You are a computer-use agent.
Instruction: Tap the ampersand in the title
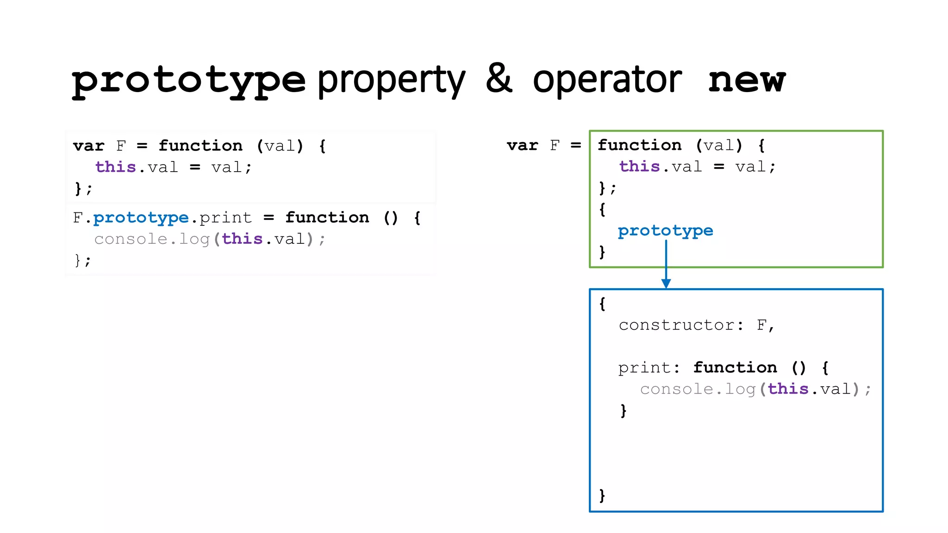499,79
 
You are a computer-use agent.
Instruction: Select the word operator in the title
607,80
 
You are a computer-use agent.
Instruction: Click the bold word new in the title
747,81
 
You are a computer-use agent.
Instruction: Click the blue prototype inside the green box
665,230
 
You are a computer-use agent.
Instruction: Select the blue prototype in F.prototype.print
141,217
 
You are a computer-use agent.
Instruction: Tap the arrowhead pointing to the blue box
666,283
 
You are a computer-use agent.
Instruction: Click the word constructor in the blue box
676,325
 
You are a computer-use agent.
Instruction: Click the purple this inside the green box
639,167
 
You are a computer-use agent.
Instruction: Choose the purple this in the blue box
788,389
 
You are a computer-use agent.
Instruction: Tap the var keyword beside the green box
522,145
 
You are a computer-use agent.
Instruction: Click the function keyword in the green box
639,145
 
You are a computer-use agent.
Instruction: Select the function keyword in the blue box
735,368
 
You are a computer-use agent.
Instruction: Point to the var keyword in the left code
88,146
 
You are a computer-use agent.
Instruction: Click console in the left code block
131,239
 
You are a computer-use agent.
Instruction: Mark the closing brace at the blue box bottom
602,496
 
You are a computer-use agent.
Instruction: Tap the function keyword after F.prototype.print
327,217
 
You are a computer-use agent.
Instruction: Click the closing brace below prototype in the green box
602,252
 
